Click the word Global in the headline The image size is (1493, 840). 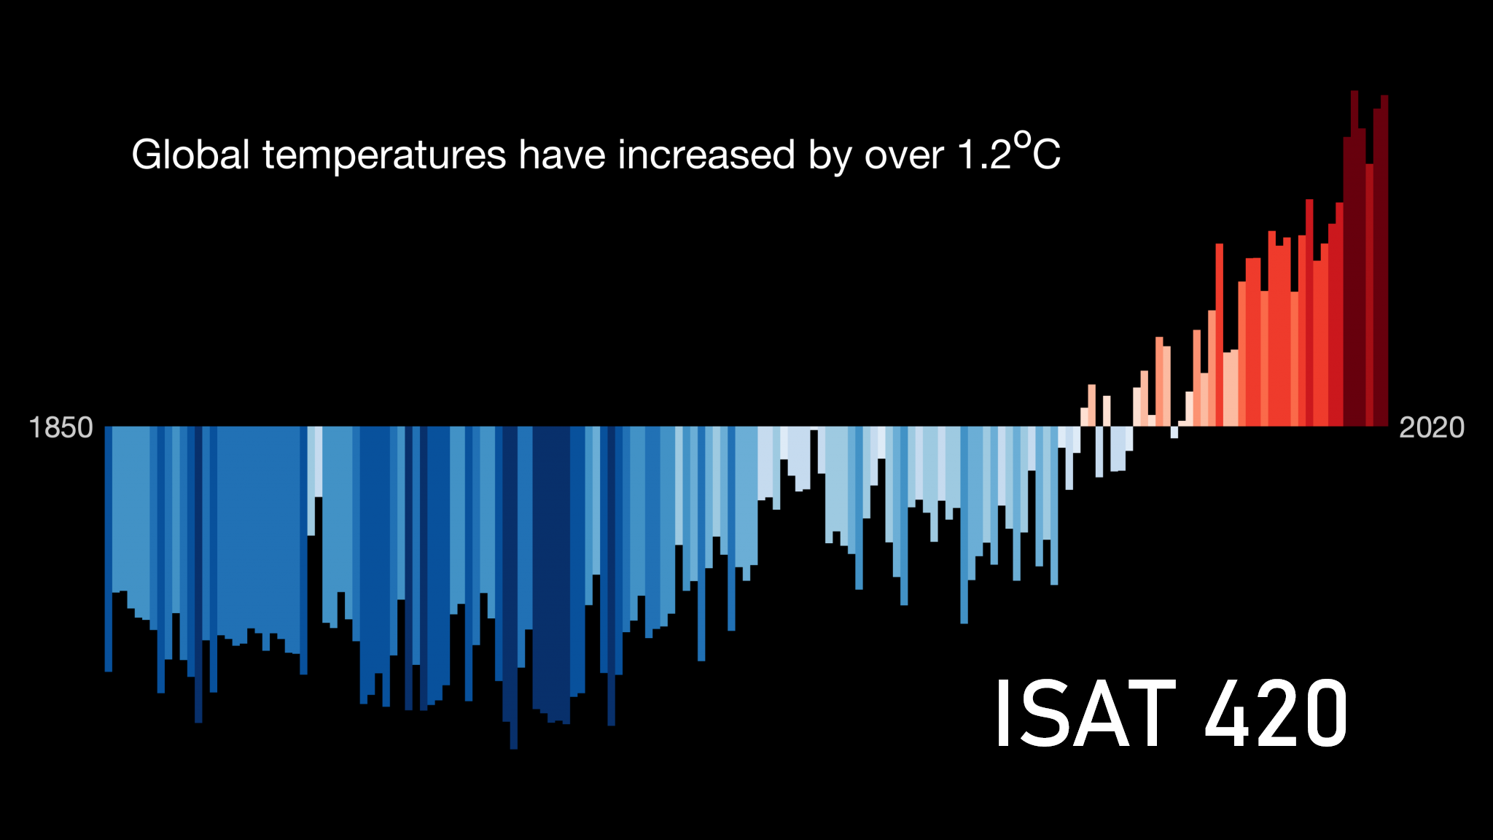click(x=190, y=155)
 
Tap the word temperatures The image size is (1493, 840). click(x=384, y=155)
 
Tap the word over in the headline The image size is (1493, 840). click(x=904, y=155)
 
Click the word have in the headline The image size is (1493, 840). click(x=561, y=155)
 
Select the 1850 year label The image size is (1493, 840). click(x=61, y=427)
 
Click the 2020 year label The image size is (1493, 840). click(x=1431, y=427)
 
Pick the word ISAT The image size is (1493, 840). click(x=1085, y=713)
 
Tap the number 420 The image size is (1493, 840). click(x=1276, y=713)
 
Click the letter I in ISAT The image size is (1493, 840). click(x=1003, y=713)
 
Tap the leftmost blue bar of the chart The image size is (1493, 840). click(x=109, y=547)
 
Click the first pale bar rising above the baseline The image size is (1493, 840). click(x=1085, y=417)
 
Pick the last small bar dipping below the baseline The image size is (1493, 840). click(x=1174, y=432)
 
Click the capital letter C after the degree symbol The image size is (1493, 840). click(x=1047, y=155)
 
